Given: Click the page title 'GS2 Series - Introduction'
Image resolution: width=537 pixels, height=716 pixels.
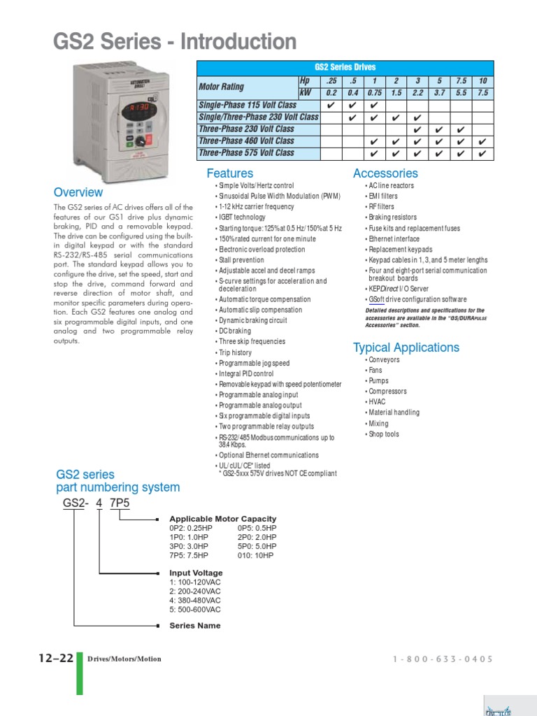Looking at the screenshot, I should pos(175,42).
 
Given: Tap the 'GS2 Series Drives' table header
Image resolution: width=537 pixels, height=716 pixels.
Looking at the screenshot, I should pos(345,67).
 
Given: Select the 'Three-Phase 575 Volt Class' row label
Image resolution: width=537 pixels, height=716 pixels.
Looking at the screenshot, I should pos(246,152).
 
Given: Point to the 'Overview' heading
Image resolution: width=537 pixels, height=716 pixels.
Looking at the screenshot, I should pos(78,192).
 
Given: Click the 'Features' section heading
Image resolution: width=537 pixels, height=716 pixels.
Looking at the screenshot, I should pos(229,173).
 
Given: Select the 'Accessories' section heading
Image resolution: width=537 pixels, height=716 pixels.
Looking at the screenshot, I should pos(385,173).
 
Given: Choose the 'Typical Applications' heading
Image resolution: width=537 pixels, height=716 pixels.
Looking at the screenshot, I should pos(406,348).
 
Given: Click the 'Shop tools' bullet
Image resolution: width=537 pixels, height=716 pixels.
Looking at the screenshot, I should pos(383,434).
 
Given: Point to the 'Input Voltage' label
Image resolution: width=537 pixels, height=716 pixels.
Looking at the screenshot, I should pos(196,573).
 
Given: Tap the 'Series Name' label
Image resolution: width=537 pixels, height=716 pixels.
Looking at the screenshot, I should pos(194,626).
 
